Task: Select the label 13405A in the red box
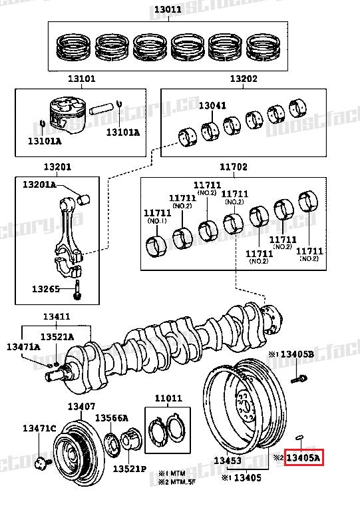pos(303,458)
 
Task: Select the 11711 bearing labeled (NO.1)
pos(156,244)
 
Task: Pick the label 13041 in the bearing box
pos(212,105)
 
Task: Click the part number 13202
pos(244,79)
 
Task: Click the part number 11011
pos(168,399)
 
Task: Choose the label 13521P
pos(128,468)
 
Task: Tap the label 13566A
pos(111,417)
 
